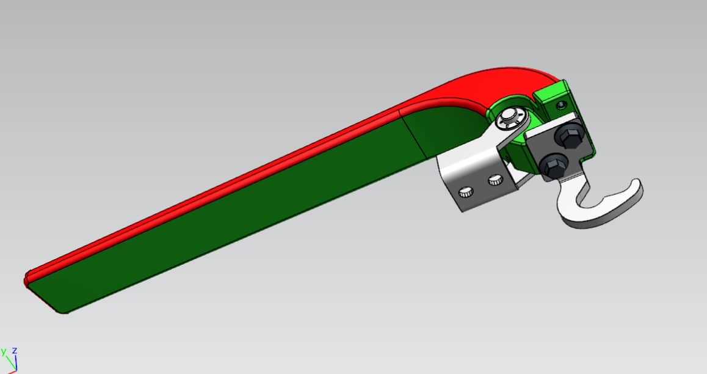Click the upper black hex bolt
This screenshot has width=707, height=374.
[570, 137]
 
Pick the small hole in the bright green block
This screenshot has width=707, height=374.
[561, 105]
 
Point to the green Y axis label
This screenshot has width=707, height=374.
[3, 351]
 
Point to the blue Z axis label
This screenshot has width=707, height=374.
[13, 350]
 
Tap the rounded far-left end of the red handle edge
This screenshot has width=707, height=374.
[27, 279]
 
